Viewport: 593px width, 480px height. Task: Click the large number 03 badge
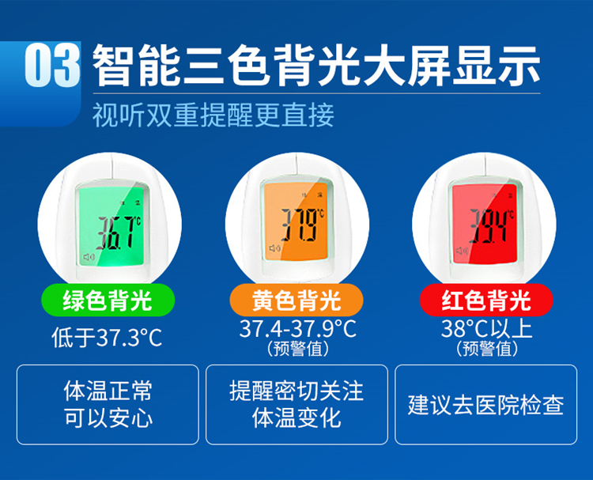52,66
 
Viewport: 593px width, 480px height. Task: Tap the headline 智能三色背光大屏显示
316,66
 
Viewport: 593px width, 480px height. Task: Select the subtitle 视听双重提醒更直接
213,115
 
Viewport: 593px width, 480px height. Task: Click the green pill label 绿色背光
108,300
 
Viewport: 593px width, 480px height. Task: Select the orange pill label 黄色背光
296,300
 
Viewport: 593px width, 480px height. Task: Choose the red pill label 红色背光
486,300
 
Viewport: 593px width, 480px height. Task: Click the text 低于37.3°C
107,338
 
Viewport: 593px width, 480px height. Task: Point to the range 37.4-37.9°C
297,328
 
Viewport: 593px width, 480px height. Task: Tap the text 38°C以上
487,328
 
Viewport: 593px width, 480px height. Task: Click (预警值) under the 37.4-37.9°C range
297,349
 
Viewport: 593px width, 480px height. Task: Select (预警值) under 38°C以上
487,349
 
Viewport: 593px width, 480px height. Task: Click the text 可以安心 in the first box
108,418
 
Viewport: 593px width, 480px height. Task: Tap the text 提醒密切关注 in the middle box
296,391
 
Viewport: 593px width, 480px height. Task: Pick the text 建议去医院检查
486,405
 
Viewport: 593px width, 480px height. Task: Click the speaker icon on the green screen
89,257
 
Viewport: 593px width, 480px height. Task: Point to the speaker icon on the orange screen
274,248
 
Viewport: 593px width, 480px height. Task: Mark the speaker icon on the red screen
462,251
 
